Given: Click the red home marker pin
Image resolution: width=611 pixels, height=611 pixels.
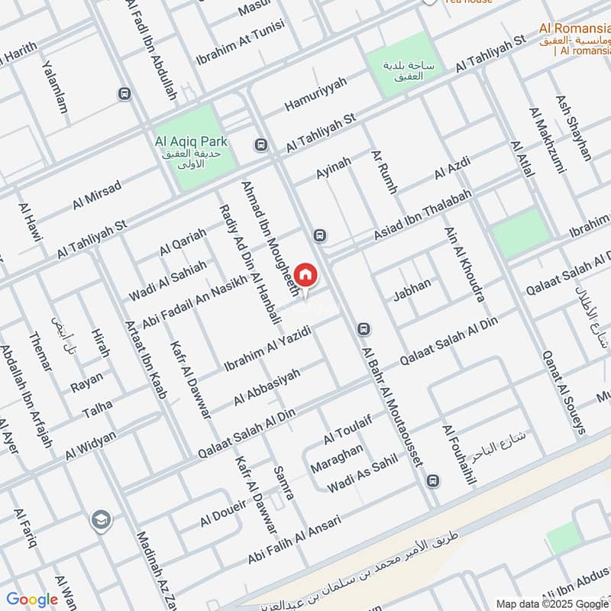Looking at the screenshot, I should point(305,275).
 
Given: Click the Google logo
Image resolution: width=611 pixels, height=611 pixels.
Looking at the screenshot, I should point(32,600).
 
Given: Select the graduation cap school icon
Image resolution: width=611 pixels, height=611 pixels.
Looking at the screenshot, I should point(100,521).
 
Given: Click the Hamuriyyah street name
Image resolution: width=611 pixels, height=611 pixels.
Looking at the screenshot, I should point(315,93).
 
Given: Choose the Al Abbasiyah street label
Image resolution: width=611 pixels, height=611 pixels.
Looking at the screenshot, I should point(267,386).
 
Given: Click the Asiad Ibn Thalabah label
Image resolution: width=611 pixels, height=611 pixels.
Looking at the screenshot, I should point(423,217).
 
